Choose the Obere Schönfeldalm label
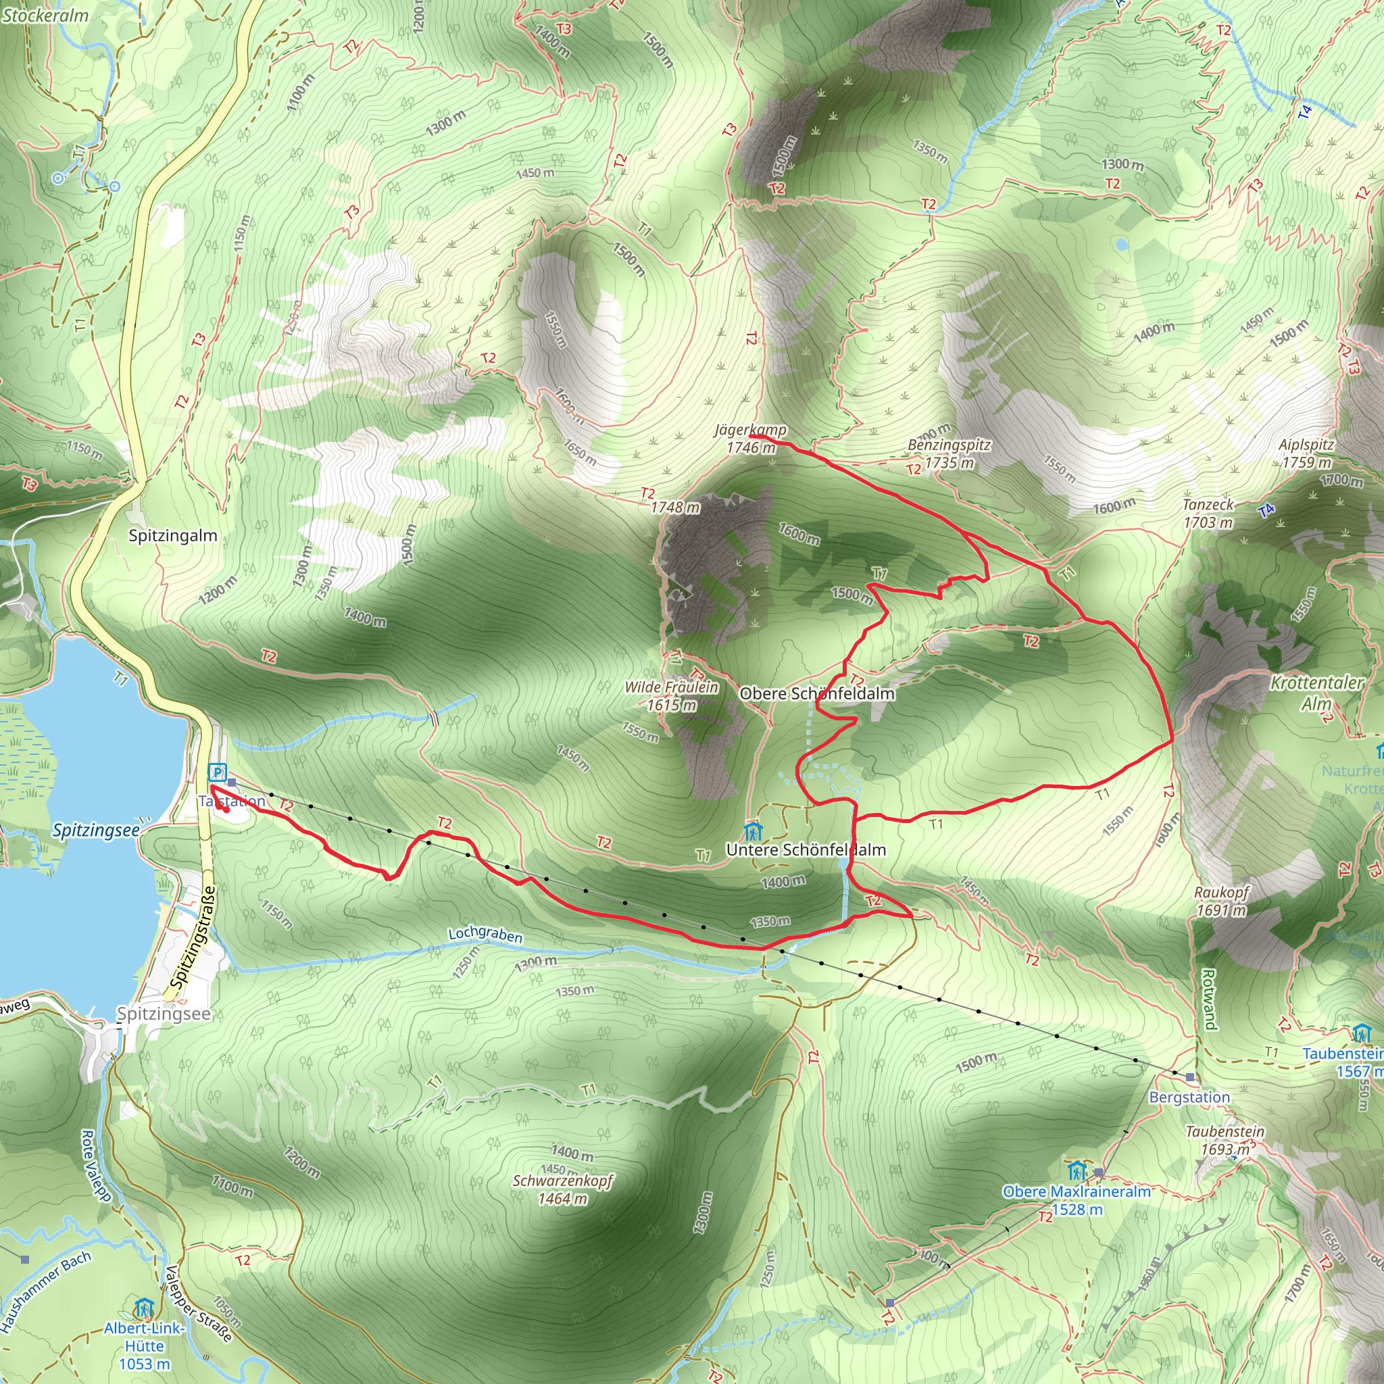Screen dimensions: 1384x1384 [816, 693]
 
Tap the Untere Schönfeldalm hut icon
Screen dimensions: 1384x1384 [752, 832]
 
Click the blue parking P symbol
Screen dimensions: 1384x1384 [217, 773]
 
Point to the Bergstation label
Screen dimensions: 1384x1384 [1189, 1097]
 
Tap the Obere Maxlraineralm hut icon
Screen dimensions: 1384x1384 [1077, 1171]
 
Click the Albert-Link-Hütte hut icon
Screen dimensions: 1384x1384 [144, 1309]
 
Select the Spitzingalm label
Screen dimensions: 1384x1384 [172, 536]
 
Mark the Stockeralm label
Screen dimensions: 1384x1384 [45, 15]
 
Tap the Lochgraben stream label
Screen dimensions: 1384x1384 [485, 934]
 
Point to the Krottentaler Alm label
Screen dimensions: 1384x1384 [1316, 693]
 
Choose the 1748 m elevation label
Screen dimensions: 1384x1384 [675, 508]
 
